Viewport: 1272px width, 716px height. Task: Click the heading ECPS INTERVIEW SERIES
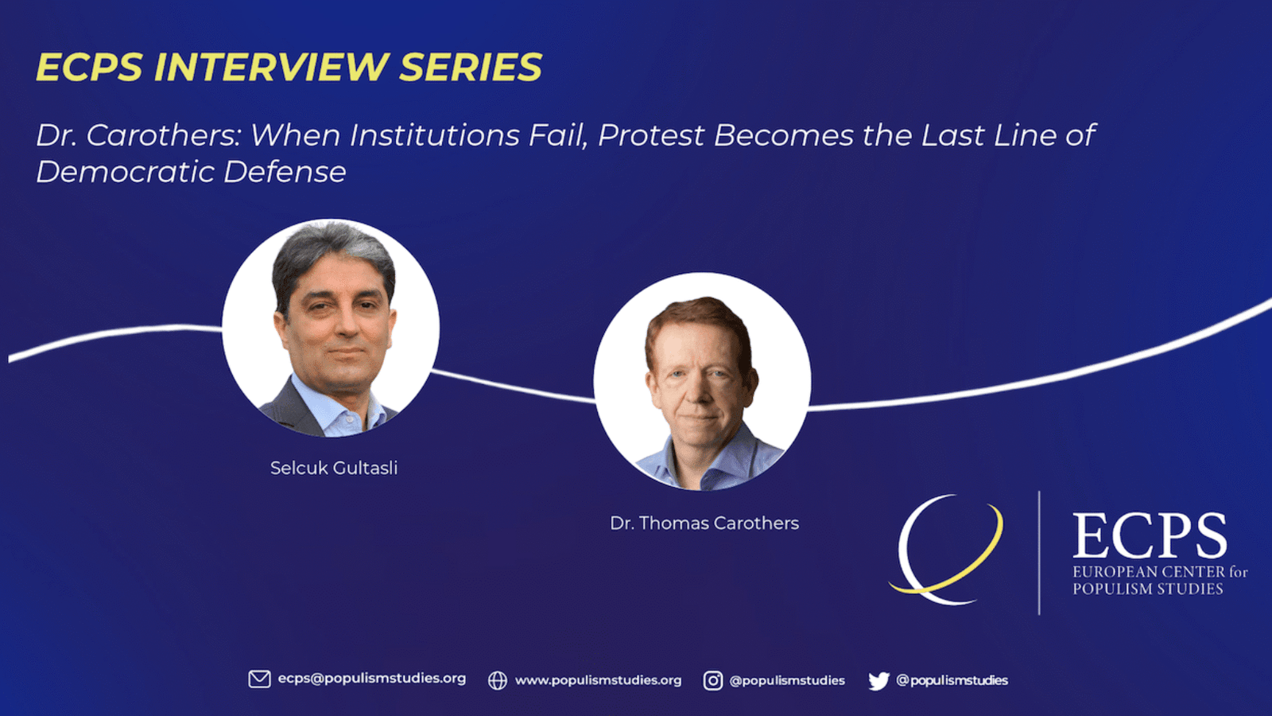pyautogui.click(x=289, y=67)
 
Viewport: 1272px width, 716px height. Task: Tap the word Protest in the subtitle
pyautogui.click(x=651, y=135)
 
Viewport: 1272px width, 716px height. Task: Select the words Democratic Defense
pyautogui.click(x=191, y=172)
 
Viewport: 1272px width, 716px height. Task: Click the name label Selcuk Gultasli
pyautogui.click(x=334, y=469)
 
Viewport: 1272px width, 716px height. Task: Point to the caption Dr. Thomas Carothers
pyautogui.click(x=704, y=523)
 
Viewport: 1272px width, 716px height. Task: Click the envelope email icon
pyautogui.click(x=259, y=679)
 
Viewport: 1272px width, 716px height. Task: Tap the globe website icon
pyautogui.click(x=498, y=680)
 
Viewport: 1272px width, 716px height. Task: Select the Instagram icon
pyautogui.click(x=712, y=680)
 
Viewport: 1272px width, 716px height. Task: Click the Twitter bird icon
pyautogui.click(x=878, y=681)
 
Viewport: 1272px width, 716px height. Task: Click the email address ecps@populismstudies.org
pyautogui.click(x=372, y=679)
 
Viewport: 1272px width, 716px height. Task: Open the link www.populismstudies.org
pyautogui.click(x=598, y=680)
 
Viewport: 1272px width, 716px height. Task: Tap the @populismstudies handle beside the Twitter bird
pyautogui.click(x=952, y=680)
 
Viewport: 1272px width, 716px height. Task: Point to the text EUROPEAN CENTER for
pyautogui.click(x=1160, y=572)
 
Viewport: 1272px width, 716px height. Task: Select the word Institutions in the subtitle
pyautogui.click(x=434, y=135)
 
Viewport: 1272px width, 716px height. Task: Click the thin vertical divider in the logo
pyautogui.click(x=1039, y=553)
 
